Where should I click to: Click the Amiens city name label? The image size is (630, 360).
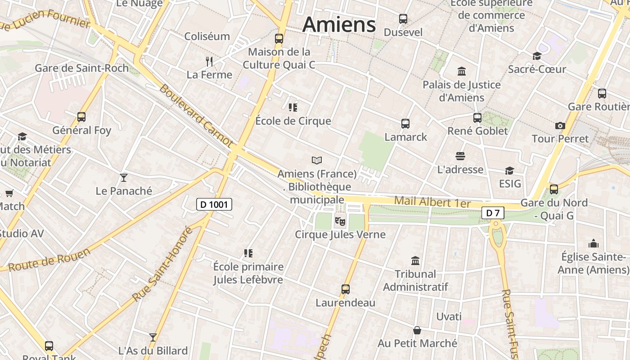(x=339, y=24)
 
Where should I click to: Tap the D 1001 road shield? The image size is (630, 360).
(x=214, y=204)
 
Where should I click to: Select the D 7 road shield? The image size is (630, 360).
(x=493, y=213)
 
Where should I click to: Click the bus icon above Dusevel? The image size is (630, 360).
(x=403, y=19)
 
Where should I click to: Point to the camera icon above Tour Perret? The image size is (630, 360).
(x=560, y=126)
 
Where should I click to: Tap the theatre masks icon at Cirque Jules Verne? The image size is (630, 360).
(x=340, y=221)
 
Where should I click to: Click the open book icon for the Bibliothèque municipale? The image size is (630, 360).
(x=317, y=160)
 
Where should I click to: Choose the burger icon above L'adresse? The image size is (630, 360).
(x=460, y=156)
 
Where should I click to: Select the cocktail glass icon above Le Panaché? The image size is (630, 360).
(x=124, y=177)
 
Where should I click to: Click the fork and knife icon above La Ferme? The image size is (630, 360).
(x=209, y=61)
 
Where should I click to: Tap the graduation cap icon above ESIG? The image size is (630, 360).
(x=509, y=171)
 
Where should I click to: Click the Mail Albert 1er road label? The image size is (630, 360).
(x=432, y=202)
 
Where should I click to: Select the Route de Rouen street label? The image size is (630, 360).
(x=49, y=260)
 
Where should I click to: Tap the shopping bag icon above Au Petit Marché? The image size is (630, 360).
(x=417, y=330)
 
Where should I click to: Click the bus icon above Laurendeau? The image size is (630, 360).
(x=345, y=289)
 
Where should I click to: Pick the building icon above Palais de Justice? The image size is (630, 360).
(x=461, y=72)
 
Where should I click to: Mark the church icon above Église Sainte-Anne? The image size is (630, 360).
(x=594, y=244)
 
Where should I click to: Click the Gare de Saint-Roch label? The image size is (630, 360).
(x=81, y=68)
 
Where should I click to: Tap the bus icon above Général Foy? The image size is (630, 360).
(x=81, y=117)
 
